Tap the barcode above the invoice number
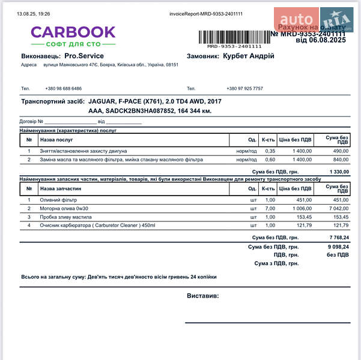click(234, 37)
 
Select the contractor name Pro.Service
click(84, 56)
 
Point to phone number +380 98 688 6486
click(63, 88)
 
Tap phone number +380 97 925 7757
click(244, 88)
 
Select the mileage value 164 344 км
click(195, 111)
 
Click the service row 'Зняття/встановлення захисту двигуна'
click(83, 151)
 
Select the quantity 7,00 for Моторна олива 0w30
click(270, 208)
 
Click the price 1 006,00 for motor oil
click(301, 208)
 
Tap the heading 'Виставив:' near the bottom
click(202, 296)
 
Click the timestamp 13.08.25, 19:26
click(34, 13)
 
